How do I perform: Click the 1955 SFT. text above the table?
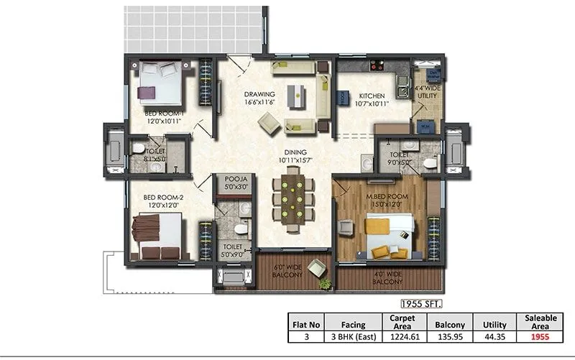(x=421, y=304)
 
